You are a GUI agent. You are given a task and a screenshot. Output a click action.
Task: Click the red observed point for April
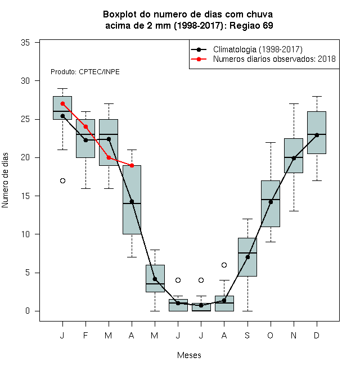pyautogui.click(x=132, y=165)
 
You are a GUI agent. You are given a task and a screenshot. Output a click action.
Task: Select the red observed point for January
pyautogui.click(x=62, y=103)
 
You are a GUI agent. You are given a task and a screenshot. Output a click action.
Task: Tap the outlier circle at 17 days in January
pyautogui.click(x=62, y=181)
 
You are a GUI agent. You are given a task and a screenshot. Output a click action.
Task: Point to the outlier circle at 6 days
pyautogui.click(x=224, y=265)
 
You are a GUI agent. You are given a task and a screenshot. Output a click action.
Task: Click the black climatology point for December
pyautogui.click(x=317, y=135)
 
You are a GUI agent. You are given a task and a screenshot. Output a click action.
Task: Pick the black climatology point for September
pyautogui.click(x=247, y=257)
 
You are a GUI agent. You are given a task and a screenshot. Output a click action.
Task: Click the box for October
pyautogui.click(x=271, y=203)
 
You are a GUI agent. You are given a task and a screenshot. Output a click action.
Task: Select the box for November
pyautogui.click(x=294, y=156)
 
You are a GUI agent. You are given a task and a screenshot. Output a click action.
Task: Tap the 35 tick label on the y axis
pyautogui.click(x=25, y=43)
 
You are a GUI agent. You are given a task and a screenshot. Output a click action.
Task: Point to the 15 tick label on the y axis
pyautogui.click(x=25, y=196)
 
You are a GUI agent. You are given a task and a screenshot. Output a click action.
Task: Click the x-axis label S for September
pyautogui.click(x=247, y=335)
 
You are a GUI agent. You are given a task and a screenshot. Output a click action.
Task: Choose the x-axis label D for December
pyautogui.click(x=317, y=335)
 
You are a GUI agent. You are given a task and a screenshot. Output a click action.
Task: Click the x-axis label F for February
pyautogui.click(x=85, y=335)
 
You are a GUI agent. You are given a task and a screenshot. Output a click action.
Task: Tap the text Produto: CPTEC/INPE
pyautogui.click(x=85, y=72)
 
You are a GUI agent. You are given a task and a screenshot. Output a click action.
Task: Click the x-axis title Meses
pyautogui.click(x=189, y=355)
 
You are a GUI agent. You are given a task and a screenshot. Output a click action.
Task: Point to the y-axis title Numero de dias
pyautogui.click(x=5, y=180)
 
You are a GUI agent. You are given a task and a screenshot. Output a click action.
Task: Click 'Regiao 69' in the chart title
pyautogui.click(x=251, y=25)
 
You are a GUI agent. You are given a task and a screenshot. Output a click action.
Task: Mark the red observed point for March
pyautogui.click(x=109, y=157)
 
